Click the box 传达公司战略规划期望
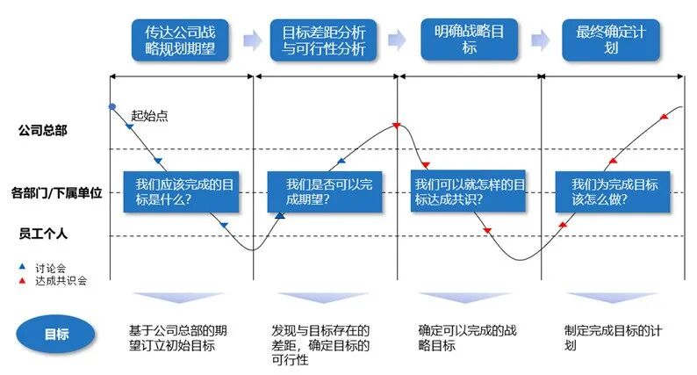click(180, 40)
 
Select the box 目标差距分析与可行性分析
click(324, 40)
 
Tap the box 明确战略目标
click(469, 40)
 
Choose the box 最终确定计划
click(611, 40)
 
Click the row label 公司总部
click(44, 130)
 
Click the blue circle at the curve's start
click(111, 106)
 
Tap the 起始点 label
click(149, 114)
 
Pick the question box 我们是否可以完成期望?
click(328, 192)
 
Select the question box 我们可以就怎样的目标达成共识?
click(469, 192)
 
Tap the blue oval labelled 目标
click(56, 334)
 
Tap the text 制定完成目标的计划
click(610, 338)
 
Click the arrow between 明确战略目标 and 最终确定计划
click(541, 39)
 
